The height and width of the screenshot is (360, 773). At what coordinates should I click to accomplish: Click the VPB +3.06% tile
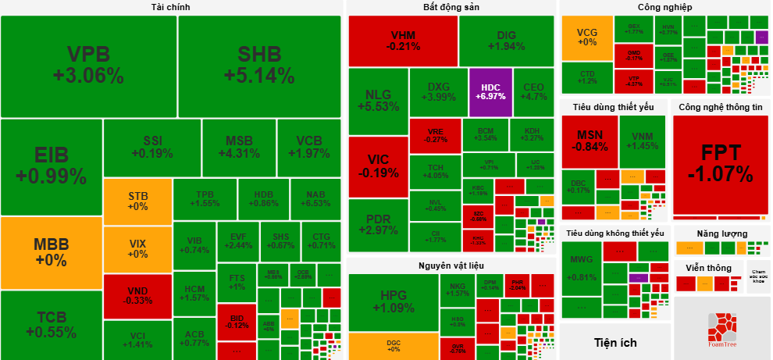point(88,66)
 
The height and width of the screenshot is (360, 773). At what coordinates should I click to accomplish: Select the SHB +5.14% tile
point(259,66)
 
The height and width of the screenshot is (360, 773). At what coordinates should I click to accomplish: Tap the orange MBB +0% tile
point(52,251)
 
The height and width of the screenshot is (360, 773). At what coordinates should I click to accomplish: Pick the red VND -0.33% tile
point(137,295)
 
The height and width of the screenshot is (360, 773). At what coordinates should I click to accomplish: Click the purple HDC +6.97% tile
point(490,91)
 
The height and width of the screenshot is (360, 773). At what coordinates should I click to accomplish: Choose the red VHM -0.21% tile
point(403,41)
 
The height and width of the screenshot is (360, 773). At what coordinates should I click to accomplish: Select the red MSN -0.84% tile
point(589,141)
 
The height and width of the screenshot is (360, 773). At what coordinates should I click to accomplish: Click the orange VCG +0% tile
point(587,37)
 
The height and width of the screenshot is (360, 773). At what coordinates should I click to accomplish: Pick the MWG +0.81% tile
point(582,268)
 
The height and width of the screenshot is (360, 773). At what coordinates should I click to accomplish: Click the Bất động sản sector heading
point(451,7)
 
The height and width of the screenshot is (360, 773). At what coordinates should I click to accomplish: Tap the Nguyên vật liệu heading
point(451,266)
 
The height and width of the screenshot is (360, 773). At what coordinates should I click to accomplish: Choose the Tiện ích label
point(614,342)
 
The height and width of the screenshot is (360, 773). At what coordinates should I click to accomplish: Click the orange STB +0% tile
point(137,201)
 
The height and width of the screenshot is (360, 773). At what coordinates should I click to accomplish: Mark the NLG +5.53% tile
point(378,101)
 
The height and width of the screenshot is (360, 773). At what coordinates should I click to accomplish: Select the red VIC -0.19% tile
point(378,166)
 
